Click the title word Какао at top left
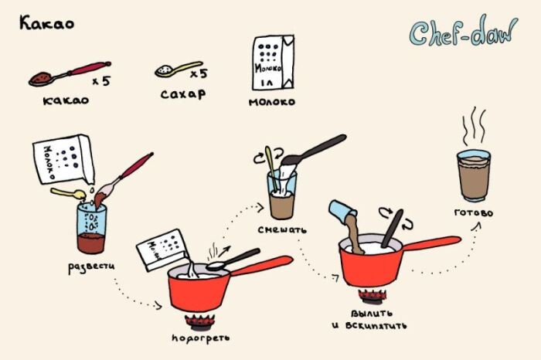coord(46,23)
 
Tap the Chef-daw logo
coord(464,32)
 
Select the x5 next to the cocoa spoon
coord(101,81)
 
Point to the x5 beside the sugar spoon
coord(199,73)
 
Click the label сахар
coord(183,93)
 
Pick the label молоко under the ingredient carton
coord(272,102)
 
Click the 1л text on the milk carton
coord(267,83)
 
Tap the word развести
coord(91,267)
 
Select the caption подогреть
coord(201,338)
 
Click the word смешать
coord(282,229)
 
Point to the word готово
coord(474,212)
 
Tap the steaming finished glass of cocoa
coord(474,175)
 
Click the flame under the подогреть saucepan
coord(199,321)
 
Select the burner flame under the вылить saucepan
coord(373,297)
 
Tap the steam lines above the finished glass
coord(474,126)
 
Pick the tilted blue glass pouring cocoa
coord(342,211)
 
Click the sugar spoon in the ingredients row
coord(179,69)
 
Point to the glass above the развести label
coord(91,228)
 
